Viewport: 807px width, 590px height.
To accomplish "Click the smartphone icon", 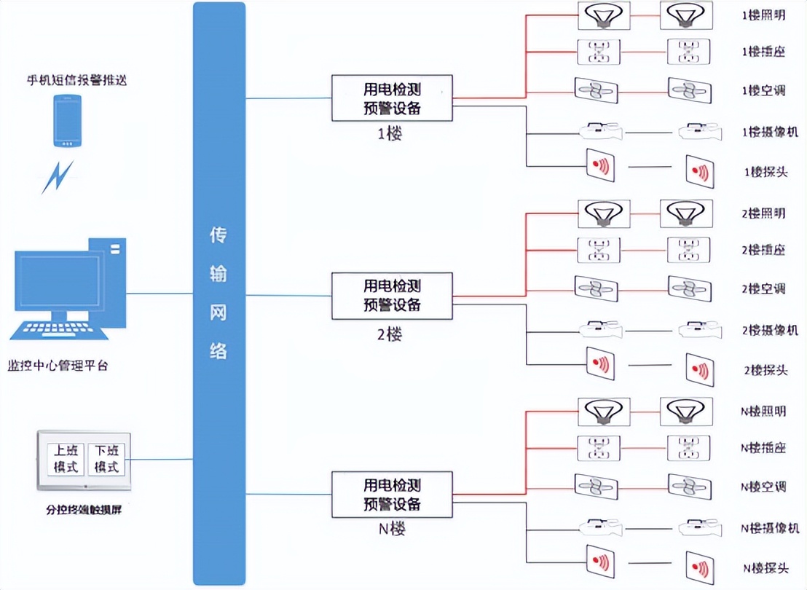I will pos(68,122).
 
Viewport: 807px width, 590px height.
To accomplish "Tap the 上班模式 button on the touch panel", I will pos(66,459).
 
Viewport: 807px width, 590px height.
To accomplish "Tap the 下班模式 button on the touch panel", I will pos(106,459).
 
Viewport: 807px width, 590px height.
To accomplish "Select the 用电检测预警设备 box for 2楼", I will pos(392,296).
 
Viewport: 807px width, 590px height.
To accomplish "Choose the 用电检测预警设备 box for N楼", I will pos(392,495).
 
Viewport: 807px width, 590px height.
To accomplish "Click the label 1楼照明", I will pos(763,15).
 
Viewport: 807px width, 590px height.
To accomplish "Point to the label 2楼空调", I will pos(763,289).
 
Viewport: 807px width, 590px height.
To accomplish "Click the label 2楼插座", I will pos(763,251).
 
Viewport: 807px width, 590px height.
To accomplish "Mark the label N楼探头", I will pos(765,568).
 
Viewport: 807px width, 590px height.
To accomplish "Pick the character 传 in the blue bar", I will pos(219,235).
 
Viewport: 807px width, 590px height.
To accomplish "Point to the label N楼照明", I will pos(763,411).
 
